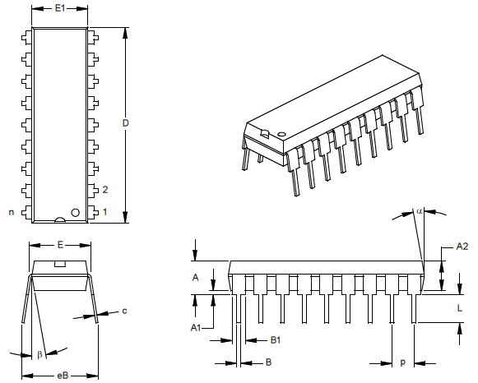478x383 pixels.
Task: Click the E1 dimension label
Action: click(60, 8)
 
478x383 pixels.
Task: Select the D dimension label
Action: click(125, 123)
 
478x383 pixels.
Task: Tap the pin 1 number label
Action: click(104, 211)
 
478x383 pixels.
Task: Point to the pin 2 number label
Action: click(105, 190)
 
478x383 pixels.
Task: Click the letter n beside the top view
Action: click(12, 212)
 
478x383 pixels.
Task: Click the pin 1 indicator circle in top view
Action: click(76, 213)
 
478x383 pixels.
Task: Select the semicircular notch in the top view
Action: click(60, 219)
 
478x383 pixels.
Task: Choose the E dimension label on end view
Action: click(60, 244)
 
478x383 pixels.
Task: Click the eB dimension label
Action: click(63, 376)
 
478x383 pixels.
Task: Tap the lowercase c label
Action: click(124, 311)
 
